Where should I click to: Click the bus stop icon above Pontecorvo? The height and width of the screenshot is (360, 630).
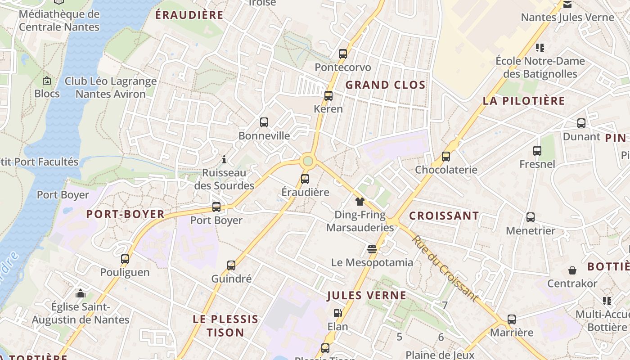tap(343, 54)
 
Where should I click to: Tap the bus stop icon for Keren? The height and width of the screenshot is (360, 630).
tap(328, 95)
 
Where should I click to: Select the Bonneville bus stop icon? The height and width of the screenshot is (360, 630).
tap(264, 122)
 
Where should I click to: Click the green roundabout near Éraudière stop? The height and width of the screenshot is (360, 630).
tap(308, 161)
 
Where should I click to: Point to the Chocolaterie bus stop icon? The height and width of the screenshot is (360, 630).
tap(446, 157)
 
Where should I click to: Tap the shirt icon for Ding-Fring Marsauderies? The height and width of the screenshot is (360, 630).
tap(360, 201)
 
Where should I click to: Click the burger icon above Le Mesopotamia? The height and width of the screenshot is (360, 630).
tap(372, 249)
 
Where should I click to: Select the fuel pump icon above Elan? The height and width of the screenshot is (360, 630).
tap(337, 313)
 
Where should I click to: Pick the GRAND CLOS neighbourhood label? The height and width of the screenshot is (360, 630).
tap(385, 85)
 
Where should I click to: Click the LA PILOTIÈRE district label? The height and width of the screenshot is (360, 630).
tap(524, 101)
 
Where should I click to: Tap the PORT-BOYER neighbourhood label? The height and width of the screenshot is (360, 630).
tap(126, 214)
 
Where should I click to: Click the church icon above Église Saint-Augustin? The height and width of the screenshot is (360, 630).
tap(81, 293)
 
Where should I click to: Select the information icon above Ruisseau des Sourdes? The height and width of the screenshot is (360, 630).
tap(224, 159)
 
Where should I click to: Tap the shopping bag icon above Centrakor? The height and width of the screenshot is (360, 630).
tap(572, 270)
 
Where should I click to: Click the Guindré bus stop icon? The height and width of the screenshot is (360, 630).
tap(231, 265)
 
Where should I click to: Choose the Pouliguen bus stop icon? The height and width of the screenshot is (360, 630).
tap(125, 259)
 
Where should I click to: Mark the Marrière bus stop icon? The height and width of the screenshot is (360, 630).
tap(512, 319)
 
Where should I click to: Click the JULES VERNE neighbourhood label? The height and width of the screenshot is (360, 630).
tap(367, 296)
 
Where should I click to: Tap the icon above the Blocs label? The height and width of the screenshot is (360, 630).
tap(46, 81)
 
